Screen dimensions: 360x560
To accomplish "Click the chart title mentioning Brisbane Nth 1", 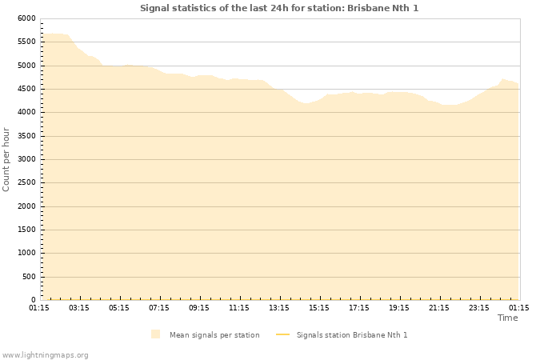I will pos(279,8).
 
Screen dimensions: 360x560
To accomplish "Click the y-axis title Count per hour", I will pos(6,159).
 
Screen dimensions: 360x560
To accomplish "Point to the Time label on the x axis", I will pos(507,318).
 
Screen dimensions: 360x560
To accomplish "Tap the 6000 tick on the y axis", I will pos(26,18).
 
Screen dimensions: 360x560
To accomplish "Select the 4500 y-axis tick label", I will pos(26,89).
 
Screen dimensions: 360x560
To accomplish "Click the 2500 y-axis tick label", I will pos(26,183).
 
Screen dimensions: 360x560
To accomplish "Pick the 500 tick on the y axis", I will pos(29,277).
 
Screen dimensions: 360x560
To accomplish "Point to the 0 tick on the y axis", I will pos(34,301).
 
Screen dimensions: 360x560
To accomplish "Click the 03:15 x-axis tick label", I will pos(79,307).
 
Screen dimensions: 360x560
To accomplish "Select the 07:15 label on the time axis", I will pos(159,307).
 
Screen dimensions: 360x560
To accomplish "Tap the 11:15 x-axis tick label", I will pos(239,307).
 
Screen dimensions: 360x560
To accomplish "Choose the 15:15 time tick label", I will pos(319,307).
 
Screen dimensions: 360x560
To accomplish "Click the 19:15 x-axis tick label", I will pos(399,307).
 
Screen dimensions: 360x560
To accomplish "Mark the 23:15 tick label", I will pos(479,307).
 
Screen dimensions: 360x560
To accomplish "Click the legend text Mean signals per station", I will pos(214,334).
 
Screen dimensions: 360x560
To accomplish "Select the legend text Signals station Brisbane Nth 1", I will pos(352,334).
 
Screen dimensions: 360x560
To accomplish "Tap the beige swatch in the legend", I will pos(155,334).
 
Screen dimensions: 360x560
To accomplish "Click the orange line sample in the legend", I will pos(282,334).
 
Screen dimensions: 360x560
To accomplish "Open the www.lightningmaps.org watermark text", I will pos(46,354).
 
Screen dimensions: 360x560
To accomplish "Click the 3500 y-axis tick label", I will pos(26,136).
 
